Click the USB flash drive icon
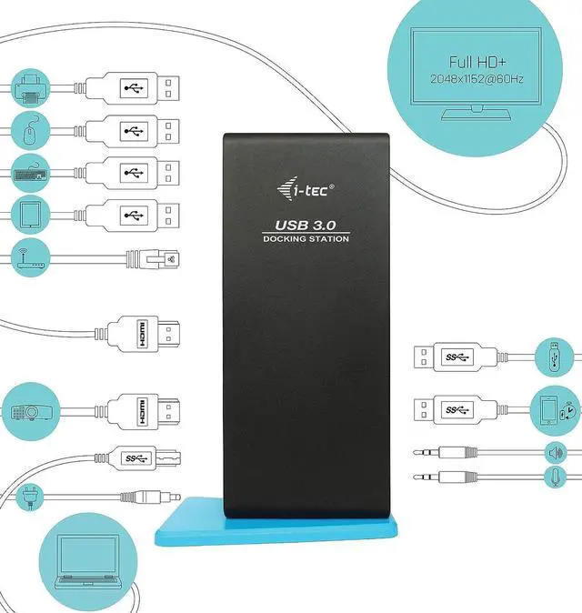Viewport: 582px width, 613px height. pos(554,356)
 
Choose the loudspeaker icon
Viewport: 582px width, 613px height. pos(554,452)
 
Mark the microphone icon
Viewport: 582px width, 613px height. pos(554,476)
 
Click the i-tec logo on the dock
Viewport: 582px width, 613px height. pos(305,188)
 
